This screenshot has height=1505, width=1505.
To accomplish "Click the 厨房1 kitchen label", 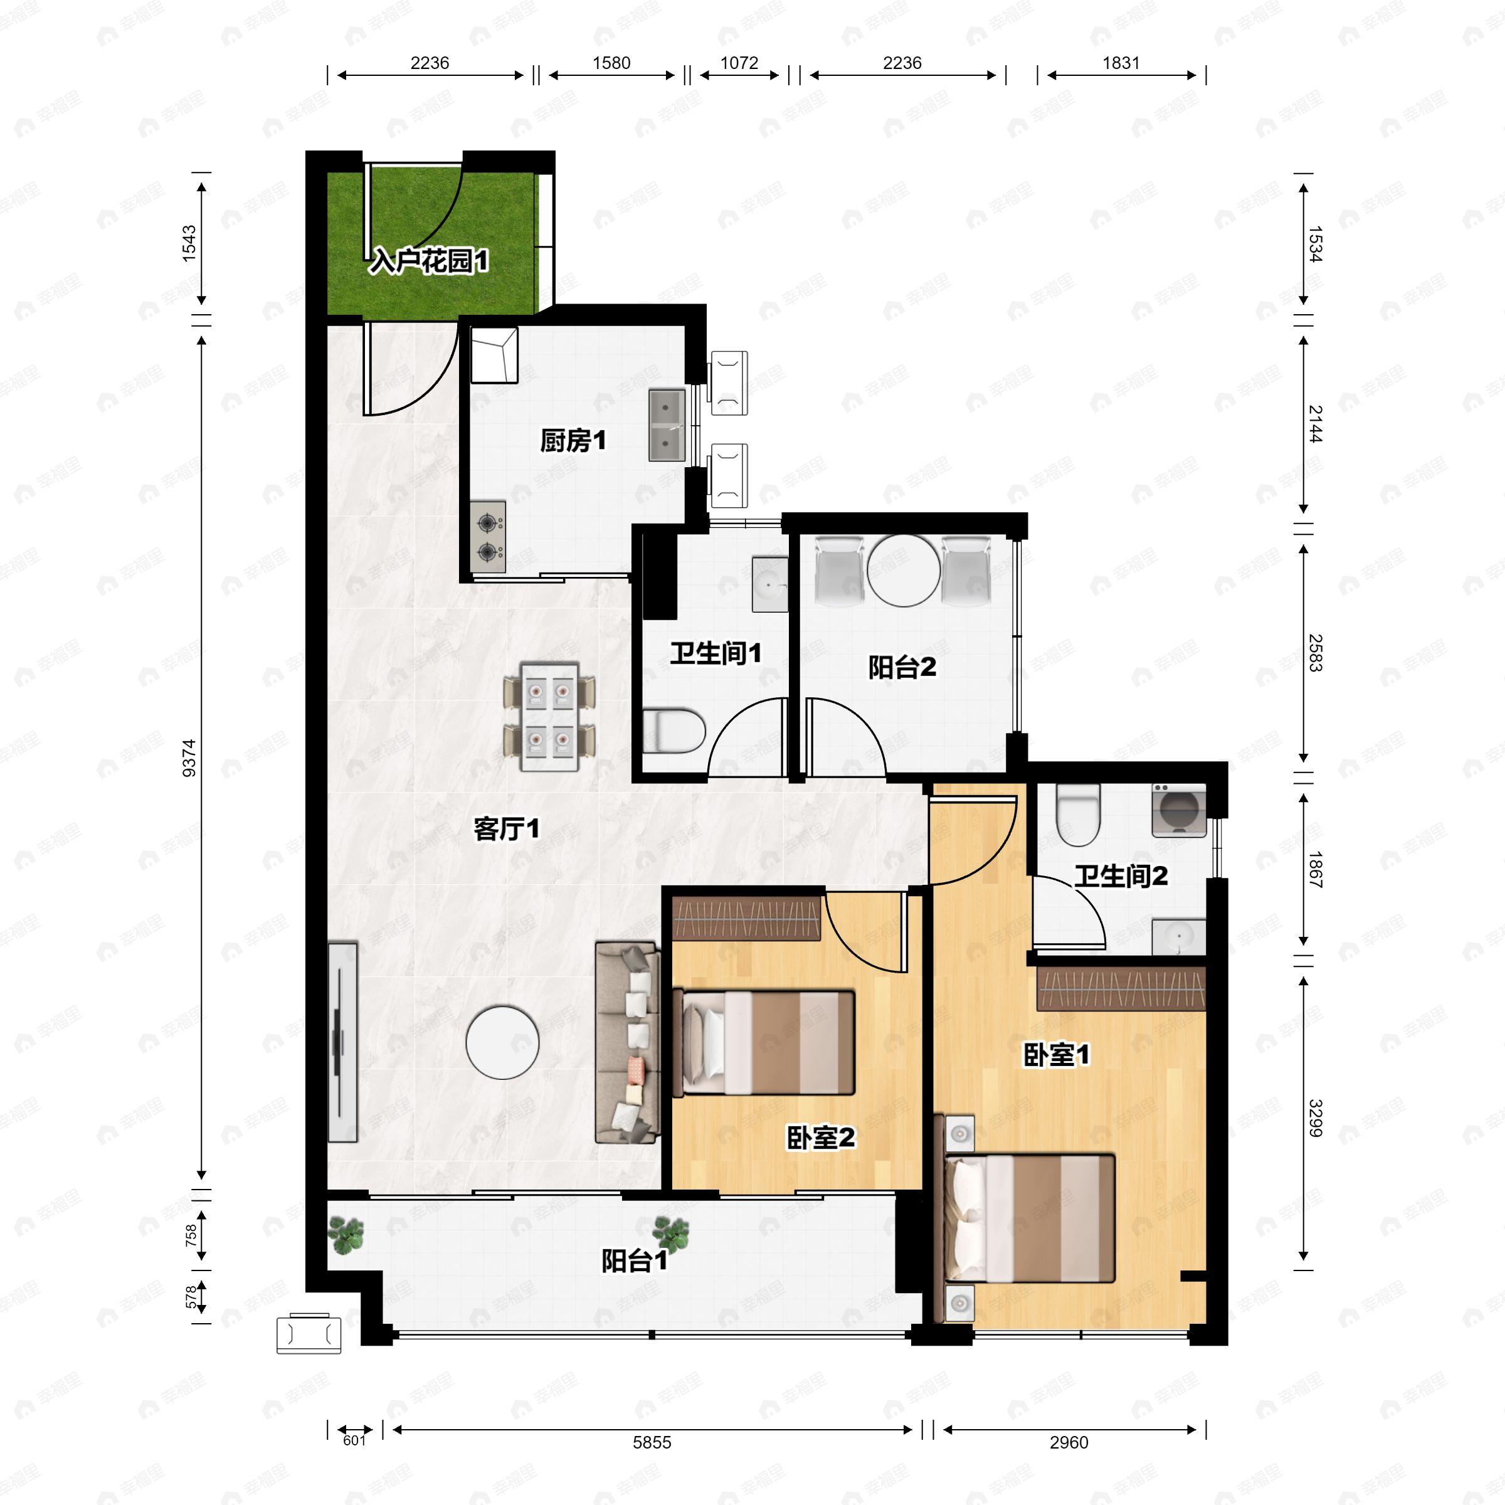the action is pos(573,441).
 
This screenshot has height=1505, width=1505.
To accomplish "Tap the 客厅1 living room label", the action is pos(506,829).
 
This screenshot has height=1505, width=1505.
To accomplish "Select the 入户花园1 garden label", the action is pos(429,261).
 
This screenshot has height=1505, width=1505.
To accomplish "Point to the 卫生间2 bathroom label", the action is pos(1121,877).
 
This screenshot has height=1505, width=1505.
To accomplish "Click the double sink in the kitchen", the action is pos(667,425).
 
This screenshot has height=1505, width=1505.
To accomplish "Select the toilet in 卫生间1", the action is pos(674,731).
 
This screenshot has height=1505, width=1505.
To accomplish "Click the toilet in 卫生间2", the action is pos(1078,815).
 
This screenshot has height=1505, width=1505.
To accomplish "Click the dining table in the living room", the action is pos(549,716).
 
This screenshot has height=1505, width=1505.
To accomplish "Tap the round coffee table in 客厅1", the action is pos(502,1042).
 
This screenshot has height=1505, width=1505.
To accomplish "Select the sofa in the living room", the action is pos(627,1042).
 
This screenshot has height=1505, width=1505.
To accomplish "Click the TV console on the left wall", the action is pos(342,1042).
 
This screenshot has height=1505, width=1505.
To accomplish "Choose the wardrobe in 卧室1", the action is pos(1121,988).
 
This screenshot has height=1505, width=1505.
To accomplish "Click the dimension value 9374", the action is pos(189,758).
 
